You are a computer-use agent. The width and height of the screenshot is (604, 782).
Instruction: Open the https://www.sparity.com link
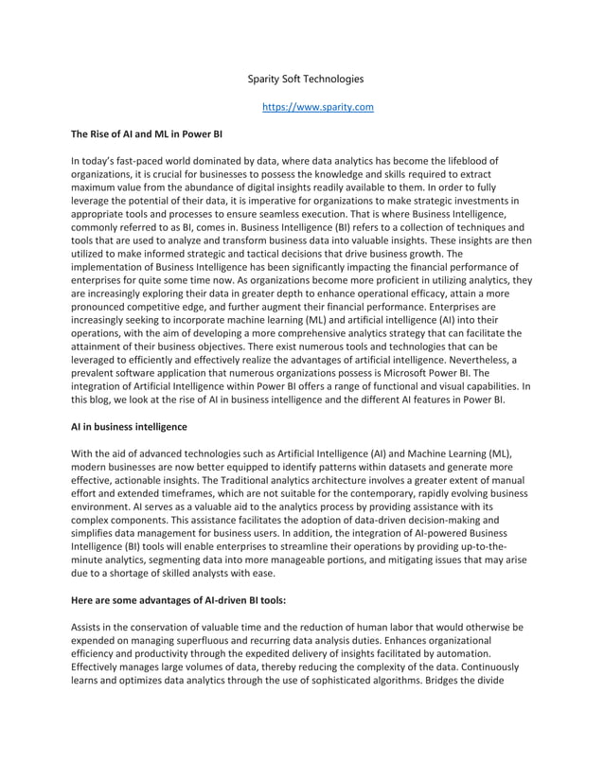click(x=317, y=107)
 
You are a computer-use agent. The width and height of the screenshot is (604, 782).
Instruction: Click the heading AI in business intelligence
click(x=129, y=427)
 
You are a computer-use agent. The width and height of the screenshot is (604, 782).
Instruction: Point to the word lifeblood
click(x=470, y=162)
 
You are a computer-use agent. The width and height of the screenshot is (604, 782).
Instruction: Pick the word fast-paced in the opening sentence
click(x=141, y=162)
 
